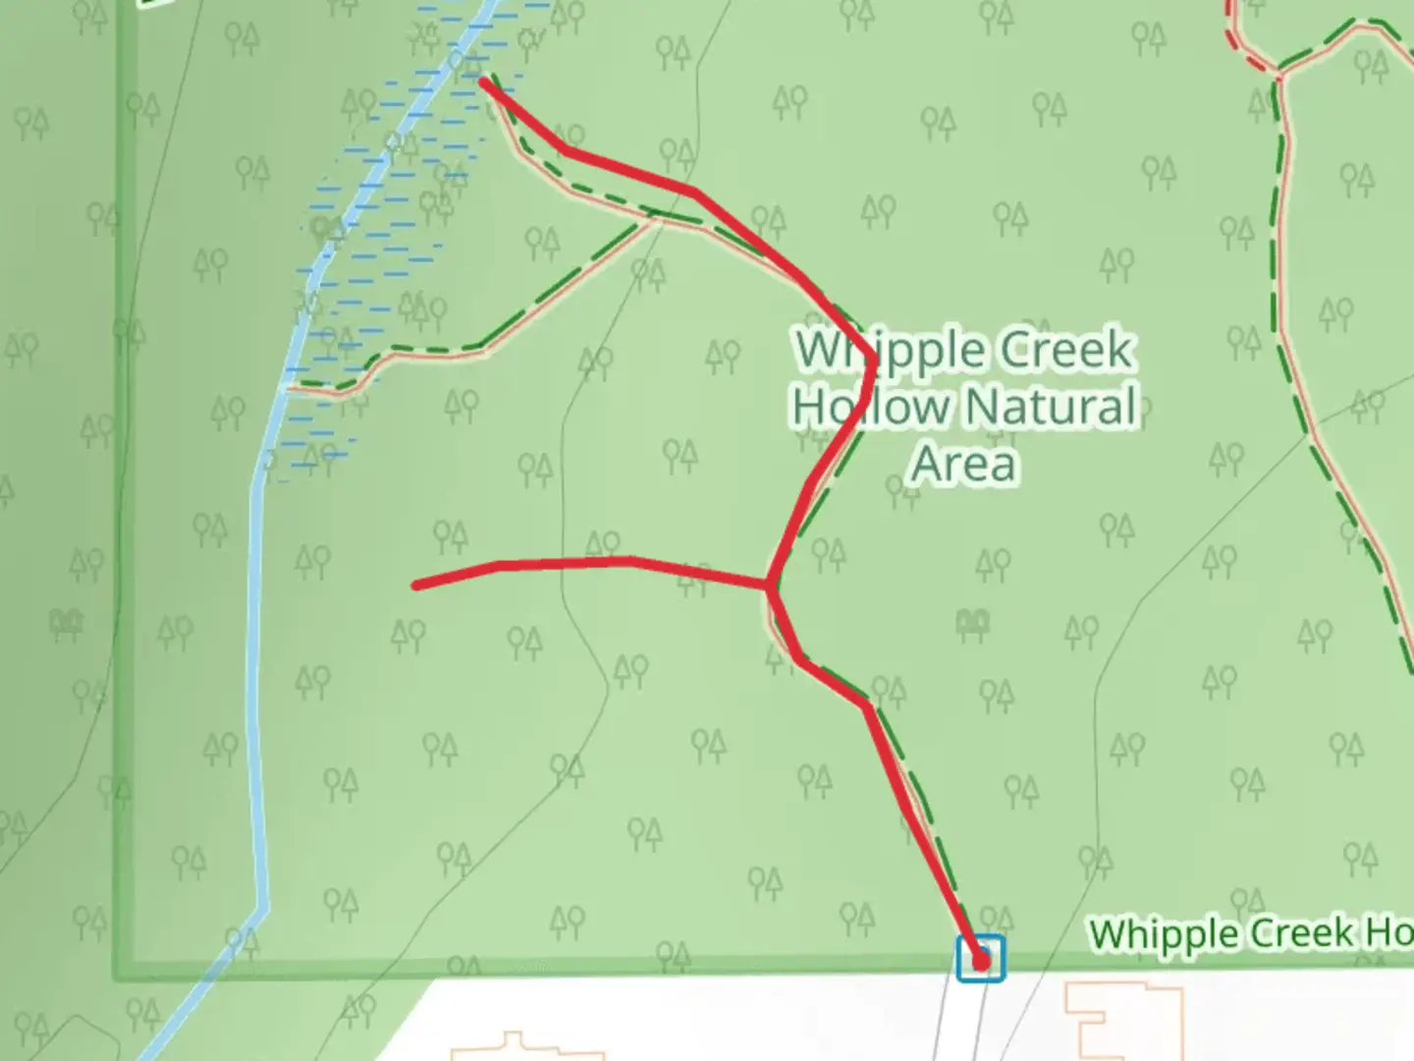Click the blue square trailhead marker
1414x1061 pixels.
[981, 958]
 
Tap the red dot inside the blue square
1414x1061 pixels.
[981, 962]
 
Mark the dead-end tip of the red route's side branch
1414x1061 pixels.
[417, 586]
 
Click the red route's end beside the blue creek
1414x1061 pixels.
[483, 82]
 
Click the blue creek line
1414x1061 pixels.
[256, 688]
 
